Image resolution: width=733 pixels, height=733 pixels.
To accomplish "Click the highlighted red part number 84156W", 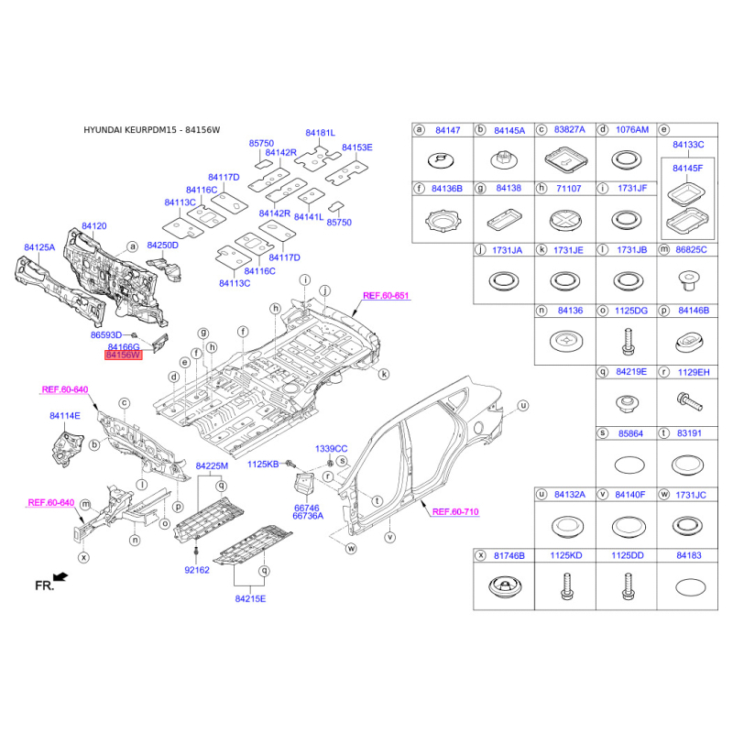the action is click(123, 356).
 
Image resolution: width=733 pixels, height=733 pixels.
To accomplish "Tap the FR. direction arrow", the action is click(60, 577).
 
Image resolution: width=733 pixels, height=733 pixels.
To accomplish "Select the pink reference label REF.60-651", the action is click(386, 295).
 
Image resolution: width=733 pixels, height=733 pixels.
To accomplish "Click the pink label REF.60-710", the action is click(455, 512).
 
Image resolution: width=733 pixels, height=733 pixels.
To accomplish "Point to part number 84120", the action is click(94, 226).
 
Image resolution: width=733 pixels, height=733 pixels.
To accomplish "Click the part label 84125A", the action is click(39, 247).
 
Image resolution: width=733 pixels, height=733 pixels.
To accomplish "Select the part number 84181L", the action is click(320, 133).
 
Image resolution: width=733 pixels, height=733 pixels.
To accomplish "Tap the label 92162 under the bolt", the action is click(197, 570).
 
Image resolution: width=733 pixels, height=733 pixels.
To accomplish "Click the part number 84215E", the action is click(250, 599).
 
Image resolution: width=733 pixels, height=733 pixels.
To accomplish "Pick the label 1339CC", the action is click(332, 449).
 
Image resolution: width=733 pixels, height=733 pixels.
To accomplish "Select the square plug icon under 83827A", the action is click(565, 159).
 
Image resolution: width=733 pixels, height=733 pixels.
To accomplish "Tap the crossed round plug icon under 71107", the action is click(565, 220).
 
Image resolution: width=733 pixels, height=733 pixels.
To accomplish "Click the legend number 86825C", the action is click(691, 250).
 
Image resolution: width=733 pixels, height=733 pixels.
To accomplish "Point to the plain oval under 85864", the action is click(629, 465).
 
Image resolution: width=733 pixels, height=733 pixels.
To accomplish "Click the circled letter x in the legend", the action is click(480, 555).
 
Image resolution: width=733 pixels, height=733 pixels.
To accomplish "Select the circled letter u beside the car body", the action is click(523, 406).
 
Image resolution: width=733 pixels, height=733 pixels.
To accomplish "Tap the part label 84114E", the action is click(65, 416).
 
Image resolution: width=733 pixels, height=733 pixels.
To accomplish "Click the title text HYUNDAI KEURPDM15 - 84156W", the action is click(151, 130).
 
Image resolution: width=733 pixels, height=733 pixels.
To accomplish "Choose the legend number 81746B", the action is click(509, 556).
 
